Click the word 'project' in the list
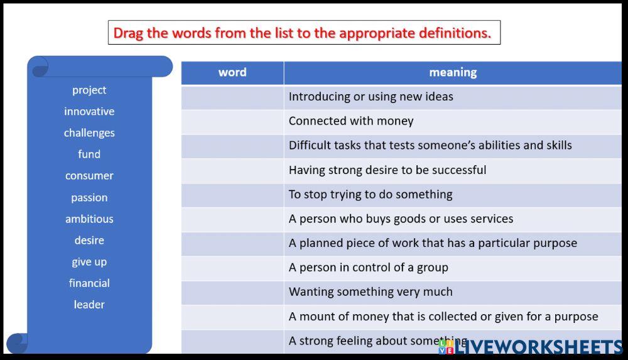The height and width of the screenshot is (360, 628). pos(89,90)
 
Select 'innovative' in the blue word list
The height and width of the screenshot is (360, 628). pos(89,111)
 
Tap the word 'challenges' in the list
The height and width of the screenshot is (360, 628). pos(89,133)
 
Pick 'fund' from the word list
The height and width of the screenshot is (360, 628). pos(89,154)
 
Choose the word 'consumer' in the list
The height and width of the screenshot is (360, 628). pos(89,175)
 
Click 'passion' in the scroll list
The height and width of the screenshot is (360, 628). pos(89,197)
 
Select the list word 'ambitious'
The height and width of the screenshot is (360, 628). pos(89,219)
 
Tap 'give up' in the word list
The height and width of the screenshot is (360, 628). pos(89,261)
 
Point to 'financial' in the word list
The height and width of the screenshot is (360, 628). pos(89,283)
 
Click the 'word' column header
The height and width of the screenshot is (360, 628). pos(232,72)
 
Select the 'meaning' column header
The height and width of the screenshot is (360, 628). pos(453,72)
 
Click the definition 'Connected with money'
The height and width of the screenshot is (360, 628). pos(351,121)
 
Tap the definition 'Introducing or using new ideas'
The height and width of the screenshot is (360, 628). pos(371,97)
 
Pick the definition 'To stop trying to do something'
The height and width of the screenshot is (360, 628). pos(371,194)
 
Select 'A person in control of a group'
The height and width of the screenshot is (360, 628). pos(369,267)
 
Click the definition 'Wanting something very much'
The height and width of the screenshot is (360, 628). pos(371,292)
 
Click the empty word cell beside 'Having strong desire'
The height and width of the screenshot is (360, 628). pos(232,170)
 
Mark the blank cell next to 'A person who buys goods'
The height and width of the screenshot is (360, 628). pos(232,219)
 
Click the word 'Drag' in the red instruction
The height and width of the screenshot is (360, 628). pos(129,33)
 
